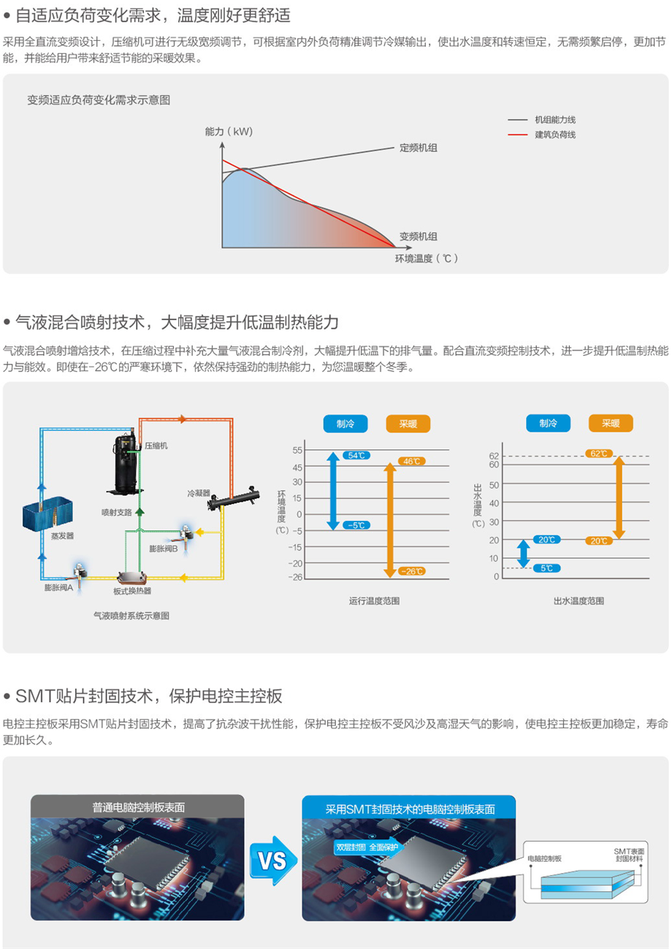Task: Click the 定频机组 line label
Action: coord(419,148)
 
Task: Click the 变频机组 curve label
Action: coord(419,236)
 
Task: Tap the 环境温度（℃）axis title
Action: coord(427,258)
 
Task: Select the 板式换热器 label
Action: coord(131,590)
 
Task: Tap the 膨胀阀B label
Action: coord(164,548)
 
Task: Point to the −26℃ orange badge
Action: coord(411,571)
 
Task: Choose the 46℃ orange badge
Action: coord(411,461)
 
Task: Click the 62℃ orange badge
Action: coord(598,454)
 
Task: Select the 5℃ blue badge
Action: coord(547,568)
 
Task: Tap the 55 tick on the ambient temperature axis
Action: coord(297,450)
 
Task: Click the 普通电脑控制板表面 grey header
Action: coord(138,807)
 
